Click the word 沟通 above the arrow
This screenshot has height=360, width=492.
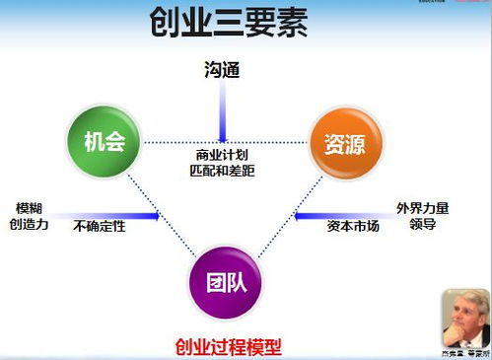223,71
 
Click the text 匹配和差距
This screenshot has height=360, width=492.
223,170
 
